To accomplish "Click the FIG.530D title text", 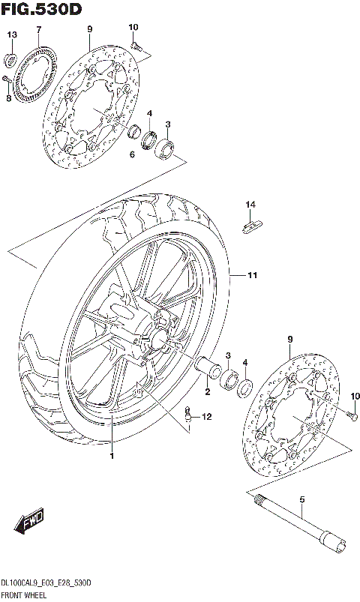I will (x=42, y=8).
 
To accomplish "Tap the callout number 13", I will (x=11, y=35).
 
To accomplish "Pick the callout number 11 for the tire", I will (x=253, y=276).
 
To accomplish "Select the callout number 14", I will (x=250, y=204).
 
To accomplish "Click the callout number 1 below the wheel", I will (x=112, y=456).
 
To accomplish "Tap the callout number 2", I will (x=208, y=391).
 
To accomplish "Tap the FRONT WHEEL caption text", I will (x=24, y=595).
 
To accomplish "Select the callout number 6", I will (x=131, y=154).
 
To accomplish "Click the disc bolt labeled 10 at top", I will (x=136, y=46).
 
